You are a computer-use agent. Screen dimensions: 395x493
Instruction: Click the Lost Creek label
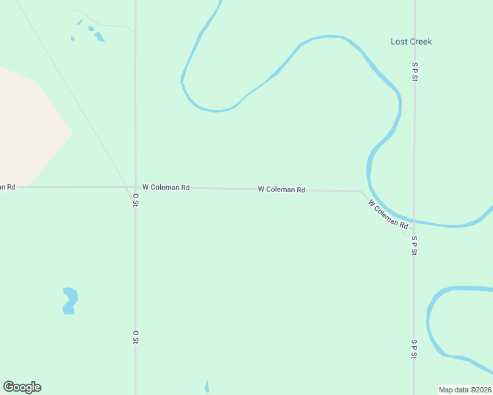pos(411,41)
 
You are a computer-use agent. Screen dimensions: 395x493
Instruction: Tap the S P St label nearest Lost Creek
pos(415,72)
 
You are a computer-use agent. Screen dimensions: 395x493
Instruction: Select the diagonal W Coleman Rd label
pos(388,215)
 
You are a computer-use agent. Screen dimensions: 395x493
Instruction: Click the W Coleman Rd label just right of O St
pos(166,188)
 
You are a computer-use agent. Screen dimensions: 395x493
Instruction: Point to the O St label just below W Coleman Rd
pos(135,200)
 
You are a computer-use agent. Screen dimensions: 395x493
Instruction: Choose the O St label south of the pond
pos(135,337)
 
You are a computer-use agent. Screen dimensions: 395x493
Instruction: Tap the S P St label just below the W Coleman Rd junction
pos(415,246)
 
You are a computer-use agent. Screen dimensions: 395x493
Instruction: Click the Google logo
pos(22,387)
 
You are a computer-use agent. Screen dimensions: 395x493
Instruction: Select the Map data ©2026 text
pos(465,390)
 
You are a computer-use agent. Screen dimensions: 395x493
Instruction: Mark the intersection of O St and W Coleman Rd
pos(135,187)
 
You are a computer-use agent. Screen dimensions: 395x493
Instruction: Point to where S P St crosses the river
pos(415,221)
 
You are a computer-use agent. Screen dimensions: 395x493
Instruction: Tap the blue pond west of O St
pos(70,300)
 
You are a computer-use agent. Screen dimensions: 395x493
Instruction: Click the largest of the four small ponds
pos(100,37)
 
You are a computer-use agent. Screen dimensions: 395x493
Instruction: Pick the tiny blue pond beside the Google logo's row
pos(207,386)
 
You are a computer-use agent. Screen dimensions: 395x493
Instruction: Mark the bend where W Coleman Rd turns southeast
pos(361,192)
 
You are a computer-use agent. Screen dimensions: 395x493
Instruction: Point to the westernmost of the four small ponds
pos(72,38)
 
